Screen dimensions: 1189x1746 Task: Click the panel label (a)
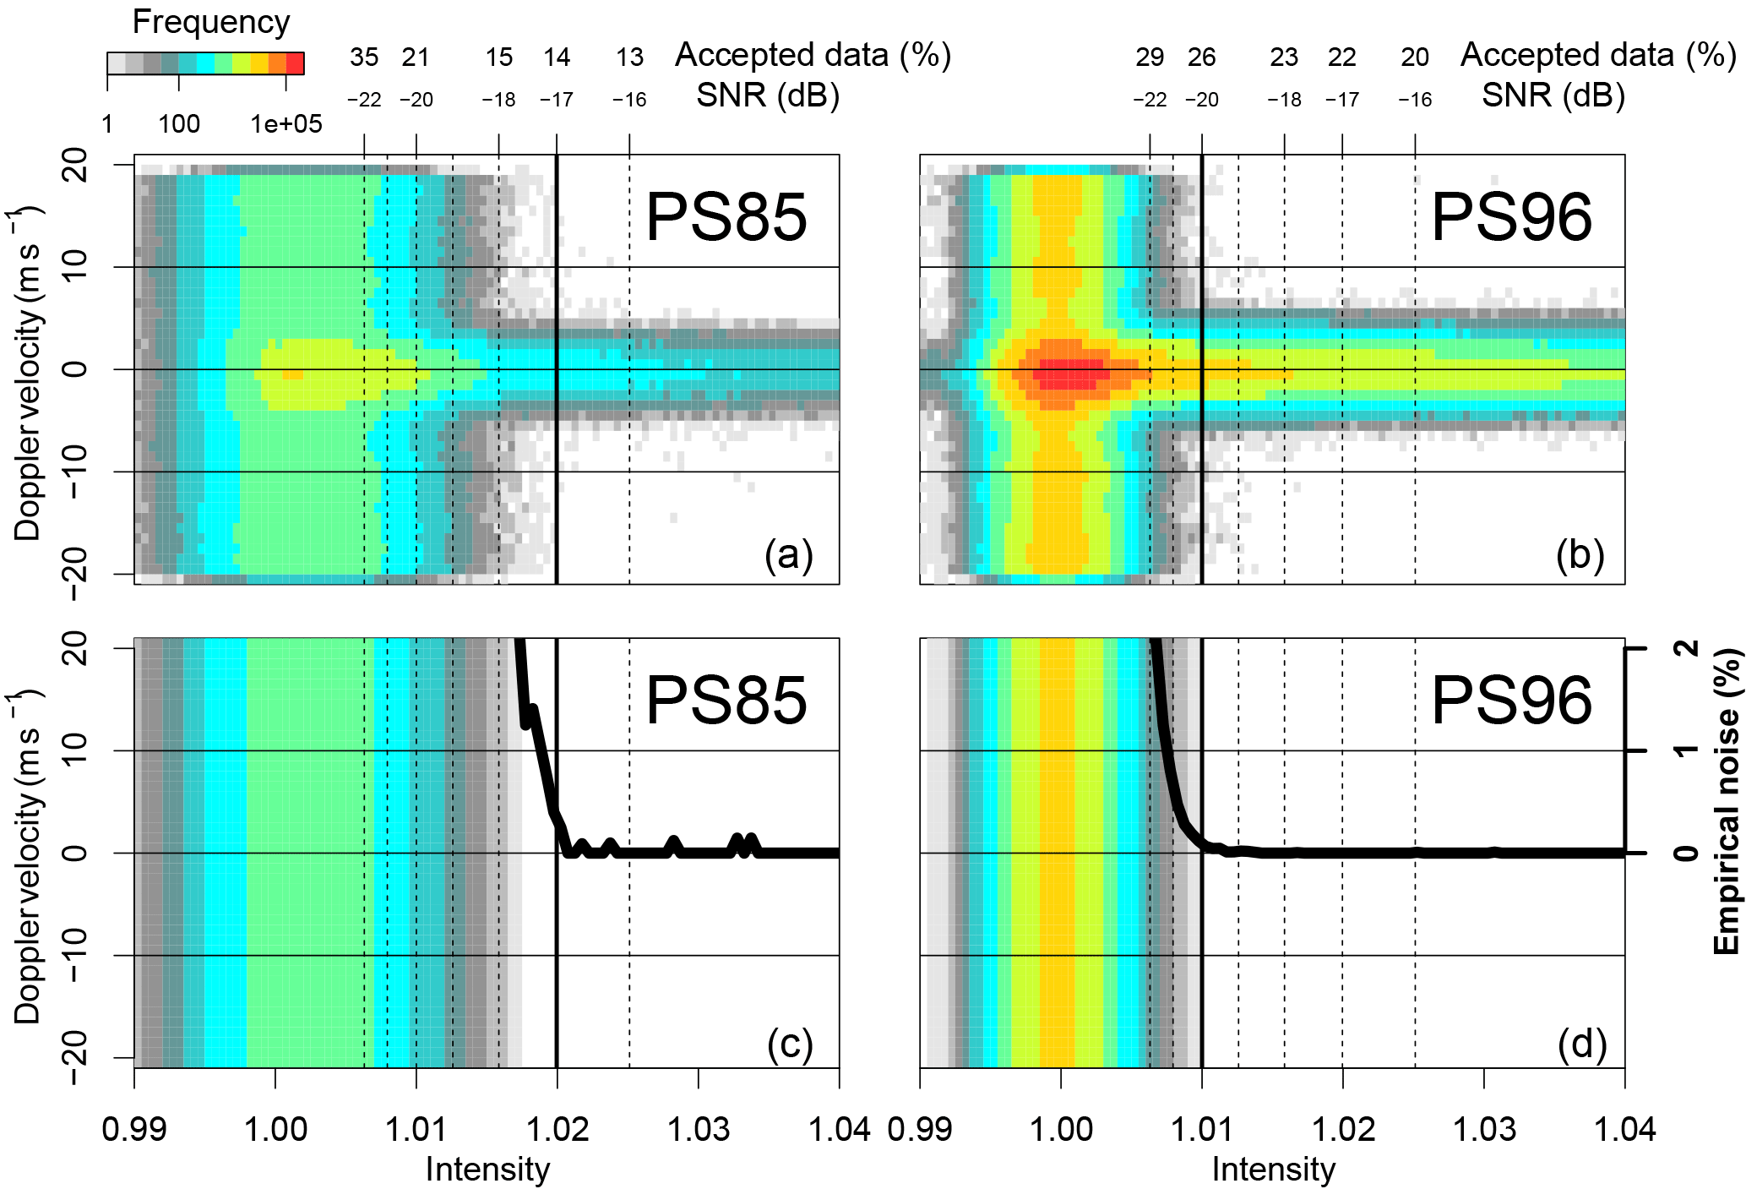788,555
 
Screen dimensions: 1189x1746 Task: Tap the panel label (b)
1580,555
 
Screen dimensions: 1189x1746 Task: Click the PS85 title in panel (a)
726,217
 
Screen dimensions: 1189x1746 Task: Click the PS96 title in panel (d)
1511,701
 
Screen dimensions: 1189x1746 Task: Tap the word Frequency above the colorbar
211,22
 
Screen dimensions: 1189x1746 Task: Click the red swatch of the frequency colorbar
295,63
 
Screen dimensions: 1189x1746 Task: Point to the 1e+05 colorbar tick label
286,124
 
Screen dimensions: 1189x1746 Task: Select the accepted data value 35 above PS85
364,57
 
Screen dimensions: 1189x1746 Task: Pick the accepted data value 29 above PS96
1150,57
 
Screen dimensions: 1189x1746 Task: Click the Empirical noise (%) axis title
1727,801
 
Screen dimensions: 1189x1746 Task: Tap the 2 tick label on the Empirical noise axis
1688,648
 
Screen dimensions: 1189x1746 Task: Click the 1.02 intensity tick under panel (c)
557,1129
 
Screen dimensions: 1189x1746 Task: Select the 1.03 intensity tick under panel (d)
1484,1129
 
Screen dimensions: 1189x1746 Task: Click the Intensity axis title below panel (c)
487,1170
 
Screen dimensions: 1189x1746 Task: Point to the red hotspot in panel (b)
1069,373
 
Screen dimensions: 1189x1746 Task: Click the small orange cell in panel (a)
292,374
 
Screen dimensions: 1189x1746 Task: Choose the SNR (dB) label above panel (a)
767,95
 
